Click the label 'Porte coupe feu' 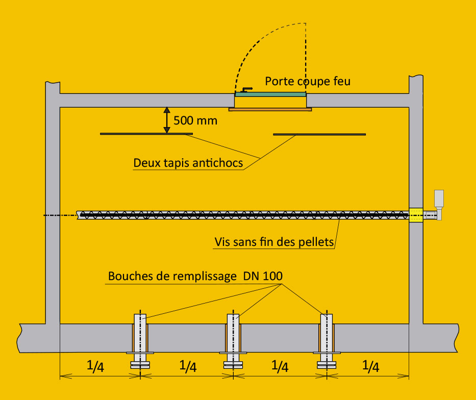tap(308, 81)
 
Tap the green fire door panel tap(270, 94)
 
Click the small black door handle tap(247, 89)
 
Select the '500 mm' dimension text tap(195, 121)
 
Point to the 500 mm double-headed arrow tap(166, 120)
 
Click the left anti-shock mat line tap(146, 134)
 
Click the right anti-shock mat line tap(319, 134)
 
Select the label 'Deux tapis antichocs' tap(188, 163)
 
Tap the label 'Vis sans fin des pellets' tap(274, 242)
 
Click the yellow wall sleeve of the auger tap(416, 215)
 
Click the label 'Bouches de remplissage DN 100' tap(195, 277)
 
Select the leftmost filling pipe tap(140, 337)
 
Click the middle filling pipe tap(233, 337)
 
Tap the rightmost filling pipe tap(326, 337)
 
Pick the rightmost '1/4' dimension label tap(371, 366)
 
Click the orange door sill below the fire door tap(270, 109)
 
